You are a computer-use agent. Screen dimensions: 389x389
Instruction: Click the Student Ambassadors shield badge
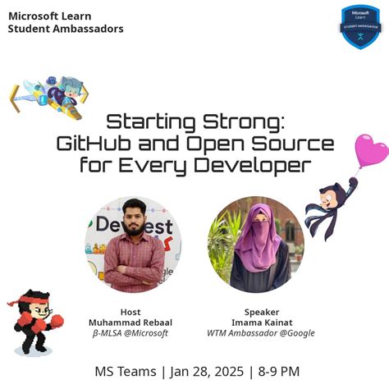tap(361, 26)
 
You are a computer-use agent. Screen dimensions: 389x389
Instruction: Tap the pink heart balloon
tap(371, 152)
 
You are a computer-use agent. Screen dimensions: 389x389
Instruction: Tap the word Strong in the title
tap(247, 123)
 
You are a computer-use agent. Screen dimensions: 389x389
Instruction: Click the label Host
tap(130, 312)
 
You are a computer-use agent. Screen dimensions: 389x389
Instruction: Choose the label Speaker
tap(262, 312)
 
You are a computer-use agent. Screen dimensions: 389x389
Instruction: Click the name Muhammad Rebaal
tap(130, 323)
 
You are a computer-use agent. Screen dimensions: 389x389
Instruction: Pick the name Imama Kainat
tap(262, 323)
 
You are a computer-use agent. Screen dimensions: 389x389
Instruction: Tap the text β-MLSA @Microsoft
tap(130, 334)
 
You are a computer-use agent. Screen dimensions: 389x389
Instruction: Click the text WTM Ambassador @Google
tap(262, 334)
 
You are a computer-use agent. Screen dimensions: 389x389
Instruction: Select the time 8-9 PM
tap(279, 372)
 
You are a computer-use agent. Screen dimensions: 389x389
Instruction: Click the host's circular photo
tap(133, 245)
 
